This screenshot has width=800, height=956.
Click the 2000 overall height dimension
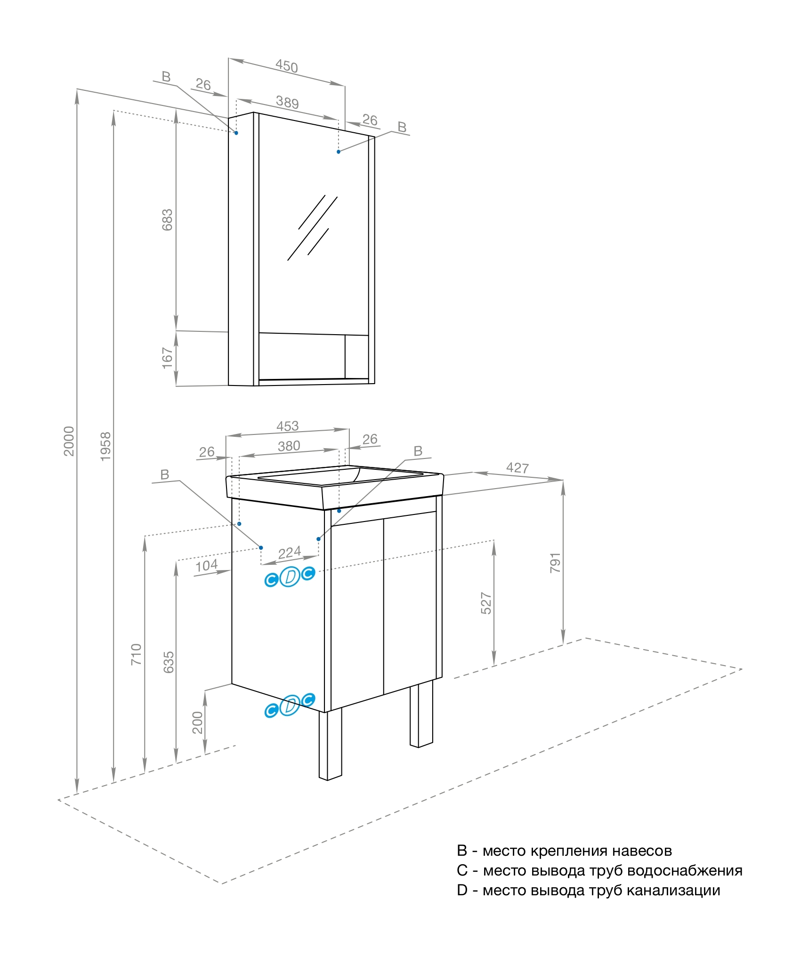coord(69,441)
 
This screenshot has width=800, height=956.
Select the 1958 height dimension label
coord(105,446)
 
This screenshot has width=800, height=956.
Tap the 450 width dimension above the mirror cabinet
coord(287,66)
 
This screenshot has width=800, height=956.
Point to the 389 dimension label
coord(287,102)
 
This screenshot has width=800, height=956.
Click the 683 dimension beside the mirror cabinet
coord(167,220)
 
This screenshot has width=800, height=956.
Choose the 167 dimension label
coord(167,358)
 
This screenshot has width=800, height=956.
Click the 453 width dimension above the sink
coord(287,426)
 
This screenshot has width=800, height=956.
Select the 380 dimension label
coord(289,446)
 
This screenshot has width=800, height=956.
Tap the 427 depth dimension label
coord(517,468)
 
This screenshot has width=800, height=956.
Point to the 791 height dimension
coord(555,563)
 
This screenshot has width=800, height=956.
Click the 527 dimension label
coord(486,603)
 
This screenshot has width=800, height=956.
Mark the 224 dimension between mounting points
coord(289,553)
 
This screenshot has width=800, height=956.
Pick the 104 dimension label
coord(206,565)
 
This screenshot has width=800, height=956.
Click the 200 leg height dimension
coord(197,723)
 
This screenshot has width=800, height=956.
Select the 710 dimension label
coord(136,654)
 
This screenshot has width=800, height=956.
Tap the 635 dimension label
coord(168,662)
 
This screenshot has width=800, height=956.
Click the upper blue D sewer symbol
coord(290,577)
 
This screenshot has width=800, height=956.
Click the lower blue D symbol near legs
coord(290,705)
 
